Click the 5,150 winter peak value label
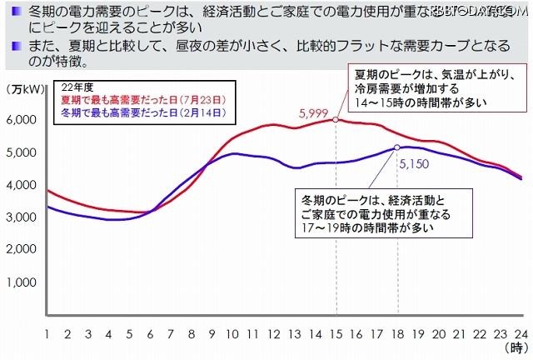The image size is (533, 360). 414,164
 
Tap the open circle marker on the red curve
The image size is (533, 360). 336,119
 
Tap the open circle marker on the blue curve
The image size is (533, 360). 397,148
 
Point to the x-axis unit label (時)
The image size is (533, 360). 516,348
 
